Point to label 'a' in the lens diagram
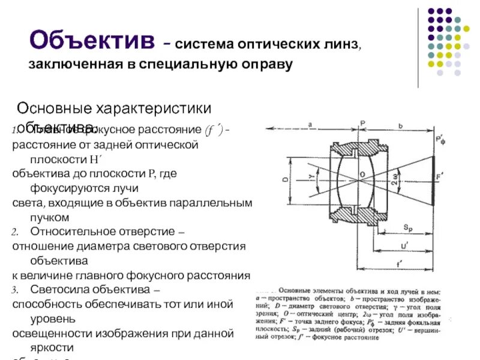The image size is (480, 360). click(x=310, y=125)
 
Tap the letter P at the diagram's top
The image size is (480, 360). click(x=363, y=124)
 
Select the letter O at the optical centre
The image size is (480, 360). click(x=362, y=175)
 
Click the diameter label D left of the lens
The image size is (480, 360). click(x=284, y=179)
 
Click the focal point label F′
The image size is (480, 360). click(x=440, y=178)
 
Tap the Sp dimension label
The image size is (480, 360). click(x=407, y=227)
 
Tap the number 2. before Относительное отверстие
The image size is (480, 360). click(x=16, y=231)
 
